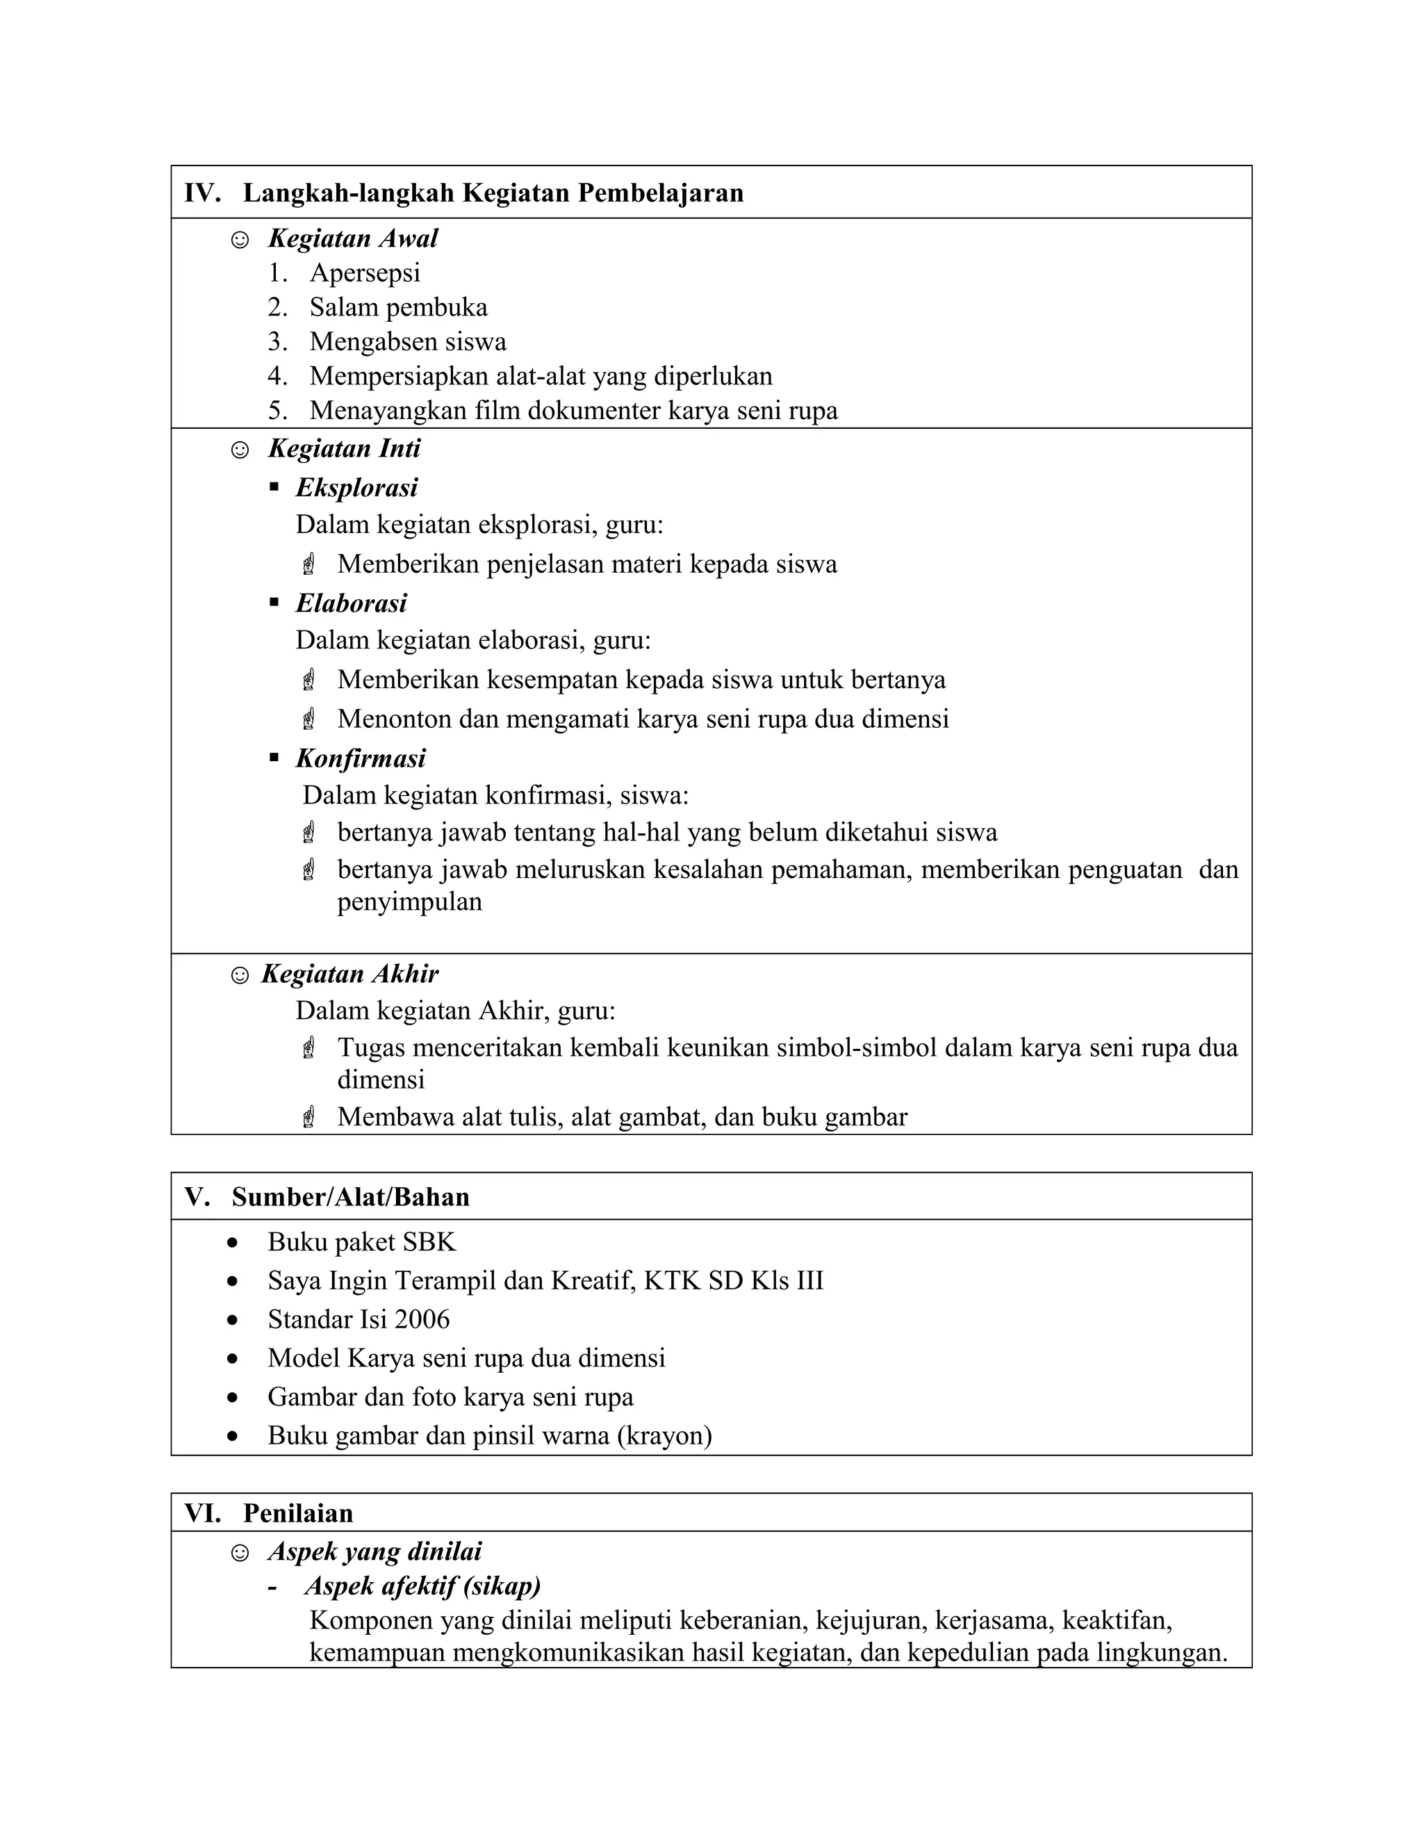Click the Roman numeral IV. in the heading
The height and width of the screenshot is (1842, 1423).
201,193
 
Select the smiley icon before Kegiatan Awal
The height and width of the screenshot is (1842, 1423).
240,241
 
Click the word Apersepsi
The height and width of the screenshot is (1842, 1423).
364,273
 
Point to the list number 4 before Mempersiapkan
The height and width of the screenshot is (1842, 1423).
277,376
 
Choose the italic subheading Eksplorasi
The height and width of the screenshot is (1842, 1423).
356,487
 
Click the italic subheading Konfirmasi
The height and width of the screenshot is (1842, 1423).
361,758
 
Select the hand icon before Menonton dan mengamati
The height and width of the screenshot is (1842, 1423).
309,719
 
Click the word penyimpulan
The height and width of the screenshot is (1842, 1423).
410,902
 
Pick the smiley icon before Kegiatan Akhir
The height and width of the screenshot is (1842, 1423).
240,976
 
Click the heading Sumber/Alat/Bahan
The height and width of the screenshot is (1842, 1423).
350,1197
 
